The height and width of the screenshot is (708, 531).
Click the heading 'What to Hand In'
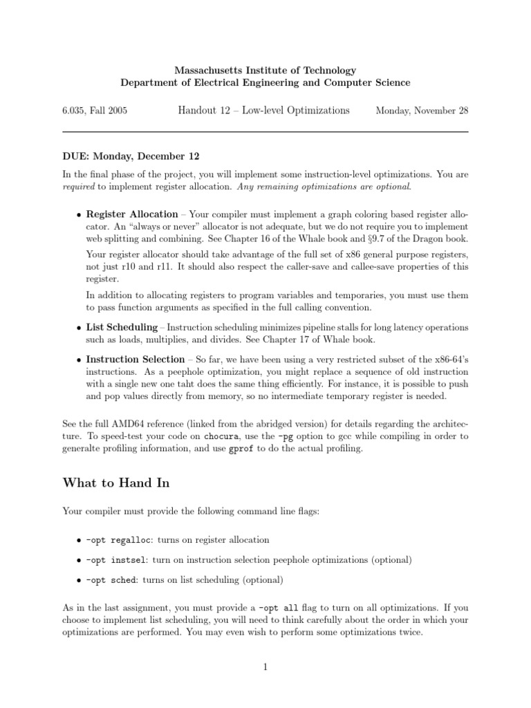tap(115, 483)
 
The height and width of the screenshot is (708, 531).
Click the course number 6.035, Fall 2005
tap(95, 111)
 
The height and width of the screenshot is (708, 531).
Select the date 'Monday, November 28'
tap(421, 111)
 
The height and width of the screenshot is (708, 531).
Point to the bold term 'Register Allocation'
tap(132, 214)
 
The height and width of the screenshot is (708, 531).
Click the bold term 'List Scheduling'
tap(122, 326)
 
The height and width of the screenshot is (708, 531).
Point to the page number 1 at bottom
tap(265, 667)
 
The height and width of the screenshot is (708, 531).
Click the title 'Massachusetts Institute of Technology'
tap(265, 71)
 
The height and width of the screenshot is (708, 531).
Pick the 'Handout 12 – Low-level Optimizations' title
tap(263, 111)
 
